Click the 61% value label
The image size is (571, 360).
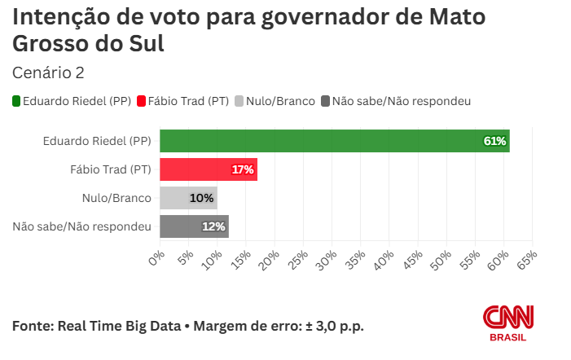point(495,141)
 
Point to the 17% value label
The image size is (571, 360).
point(243,169)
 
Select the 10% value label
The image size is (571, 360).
point(201,198)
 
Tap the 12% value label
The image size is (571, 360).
point(213,226)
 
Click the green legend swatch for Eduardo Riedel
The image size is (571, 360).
point(17,101)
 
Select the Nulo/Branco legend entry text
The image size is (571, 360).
point(280,101)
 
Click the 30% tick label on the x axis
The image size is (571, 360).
point(328,258)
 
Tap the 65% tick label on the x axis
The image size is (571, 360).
point(528,258)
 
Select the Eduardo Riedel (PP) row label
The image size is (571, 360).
point(97,141)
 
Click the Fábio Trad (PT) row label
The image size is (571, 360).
point(111,169)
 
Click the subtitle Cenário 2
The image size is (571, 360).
point(48,73)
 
